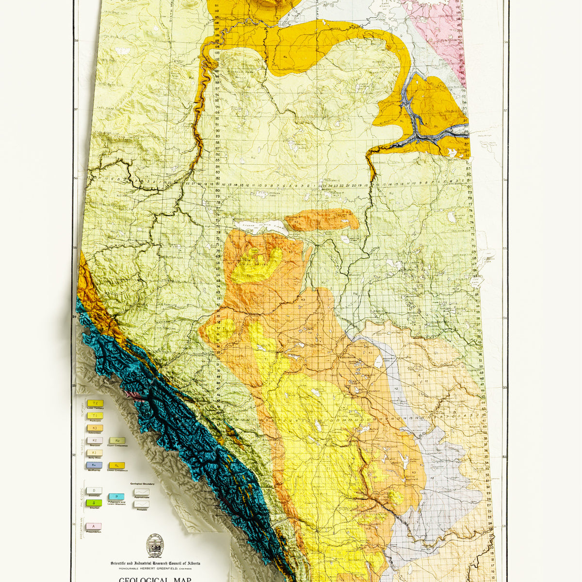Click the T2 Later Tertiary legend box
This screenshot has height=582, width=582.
(x=95, y=404)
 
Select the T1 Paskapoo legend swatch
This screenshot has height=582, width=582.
(x=95, y=416)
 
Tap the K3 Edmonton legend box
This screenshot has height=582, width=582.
(x=95, y=428)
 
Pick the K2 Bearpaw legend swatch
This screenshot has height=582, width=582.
(x=95, y=440)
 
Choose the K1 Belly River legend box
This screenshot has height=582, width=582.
(x=95, y=453)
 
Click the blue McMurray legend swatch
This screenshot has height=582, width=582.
(x=95, y=465)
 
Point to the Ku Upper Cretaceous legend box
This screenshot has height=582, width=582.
(x=117, y=440)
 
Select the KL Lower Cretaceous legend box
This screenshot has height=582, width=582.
(x=117, y=465)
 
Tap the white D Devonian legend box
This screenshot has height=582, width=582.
(x=94, y=491)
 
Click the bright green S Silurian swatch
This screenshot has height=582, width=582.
(x=94, y=503)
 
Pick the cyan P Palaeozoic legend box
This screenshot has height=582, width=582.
(x=116, y=497)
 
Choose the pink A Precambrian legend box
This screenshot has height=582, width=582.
(x=94, y=526)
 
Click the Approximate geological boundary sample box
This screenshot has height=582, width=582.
(x=142, y=491)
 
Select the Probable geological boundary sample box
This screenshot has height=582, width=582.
(x=142, y=504)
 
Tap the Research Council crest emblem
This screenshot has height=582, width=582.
(x=155, y=546)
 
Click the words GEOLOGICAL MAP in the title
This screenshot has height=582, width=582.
(x=155, y=579)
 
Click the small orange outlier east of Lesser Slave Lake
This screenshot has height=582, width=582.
(x=323, y=220)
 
